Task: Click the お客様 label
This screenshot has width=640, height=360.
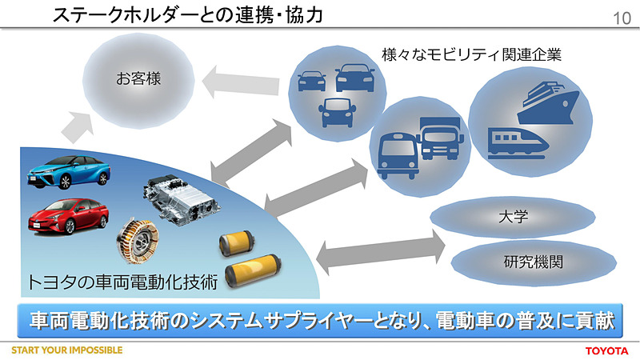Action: [138, 78]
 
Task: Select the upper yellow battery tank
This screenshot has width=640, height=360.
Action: [237, 242]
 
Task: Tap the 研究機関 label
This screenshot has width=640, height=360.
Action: [529, 260]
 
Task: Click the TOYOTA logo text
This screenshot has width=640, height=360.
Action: [608, 351]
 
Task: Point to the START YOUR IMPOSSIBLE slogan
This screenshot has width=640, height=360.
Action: [66, 351]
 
